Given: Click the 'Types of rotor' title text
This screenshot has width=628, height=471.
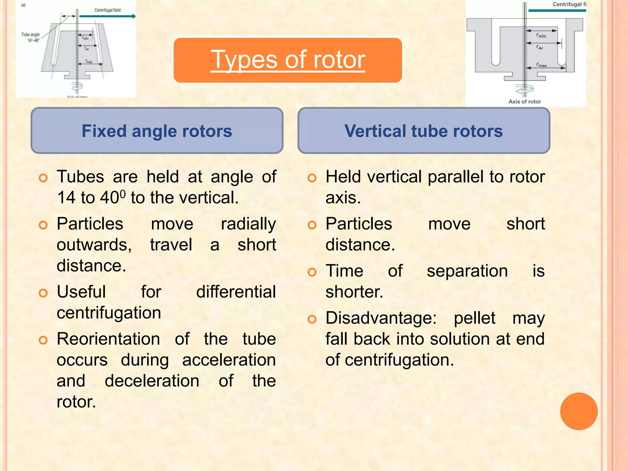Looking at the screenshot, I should pyautogui.click(x=288, y=60).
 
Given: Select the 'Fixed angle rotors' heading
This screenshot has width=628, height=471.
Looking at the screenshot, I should pyautogui.click(x=157, y=131).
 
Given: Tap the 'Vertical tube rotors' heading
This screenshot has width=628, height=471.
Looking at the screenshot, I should pyautogui.click(x=423, y=131).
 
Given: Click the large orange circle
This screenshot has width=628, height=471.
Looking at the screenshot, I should pyautogui.click(x=579, y=411).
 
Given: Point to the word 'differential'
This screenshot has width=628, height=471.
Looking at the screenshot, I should pyautogui.click(x=236, y=292).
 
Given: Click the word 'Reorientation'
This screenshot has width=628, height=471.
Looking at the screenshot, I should pyautogui.click(x=108, y=339).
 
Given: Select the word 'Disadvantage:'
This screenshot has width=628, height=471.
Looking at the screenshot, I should pyautogui.click(x=381, y=318).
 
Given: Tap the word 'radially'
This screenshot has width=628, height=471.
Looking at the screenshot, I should pyautogui.click(x=248, y=224).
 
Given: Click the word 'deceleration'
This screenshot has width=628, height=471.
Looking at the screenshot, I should pyautogui.click(x=152, y=381).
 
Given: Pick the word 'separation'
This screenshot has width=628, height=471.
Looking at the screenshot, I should pyautogui.click(x=467, y=271).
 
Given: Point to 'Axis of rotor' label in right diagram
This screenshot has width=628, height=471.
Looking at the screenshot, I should pyautogui.click(x=524, y=101).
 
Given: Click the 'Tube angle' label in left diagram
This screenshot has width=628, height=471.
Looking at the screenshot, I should pyautogui.click(x=30, y=35).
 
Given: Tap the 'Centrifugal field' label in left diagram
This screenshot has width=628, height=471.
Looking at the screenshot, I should pyautogui.click(x=107, y=10).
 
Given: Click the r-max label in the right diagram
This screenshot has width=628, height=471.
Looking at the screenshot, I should pyautogui.click(x=542, y=65).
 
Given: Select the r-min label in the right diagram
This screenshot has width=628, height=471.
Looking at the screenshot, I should pyautogui.click(x=541, y=35).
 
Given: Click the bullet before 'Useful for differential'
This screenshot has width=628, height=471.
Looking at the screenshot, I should pyautogui.click(x=43, y=293).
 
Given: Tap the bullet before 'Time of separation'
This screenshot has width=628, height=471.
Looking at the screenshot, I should pyautogui.click(x=312, y=272).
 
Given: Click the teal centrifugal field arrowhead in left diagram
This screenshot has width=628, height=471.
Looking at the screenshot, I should pyautogui.click(x=134, y=16).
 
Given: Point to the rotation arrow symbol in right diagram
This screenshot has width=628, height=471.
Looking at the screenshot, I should pyautogui.click(x=525, y=90).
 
